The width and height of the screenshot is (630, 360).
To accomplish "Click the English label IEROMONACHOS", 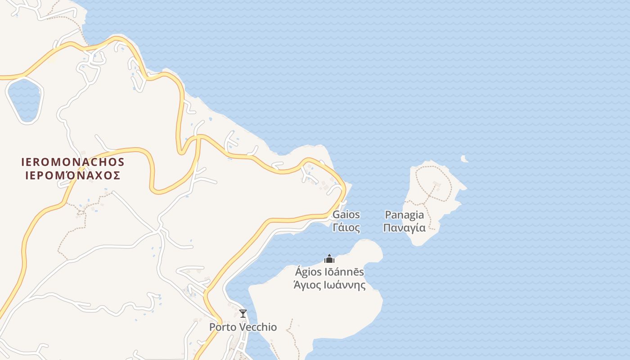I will (73, 162).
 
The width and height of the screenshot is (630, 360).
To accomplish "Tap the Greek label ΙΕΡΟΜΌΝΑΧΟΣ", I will (73, 175).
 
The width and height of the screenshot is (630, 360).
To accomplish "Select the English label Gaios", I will (346, 215).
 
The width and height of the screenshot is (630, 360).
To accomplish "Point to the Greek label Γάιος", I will (346, 228).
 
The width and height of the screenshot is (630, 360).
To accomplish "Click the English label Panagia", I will (404, 215).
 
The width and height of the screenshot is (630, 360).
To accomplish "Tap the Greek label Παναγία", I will (404, 228).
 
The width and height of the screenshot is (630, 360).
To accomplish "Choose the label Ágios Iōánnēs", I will (329, 272).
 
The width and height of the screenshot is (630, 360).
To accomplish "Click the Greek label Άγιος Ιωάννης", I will (329, 285).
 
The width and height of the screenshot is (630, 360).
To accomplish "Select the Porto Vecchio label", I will (243, 327).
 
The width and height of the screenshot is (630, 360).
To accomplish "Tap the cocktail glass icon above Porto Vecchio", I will (243, 314).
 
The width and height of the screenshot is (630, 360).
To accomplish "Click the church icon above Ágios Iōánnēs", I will (329, 259).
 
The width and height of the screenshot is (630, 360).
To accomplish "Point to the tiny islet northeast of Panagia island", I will (464, 159).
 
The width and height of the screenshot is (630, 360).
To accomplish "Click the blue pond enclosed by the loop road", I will (25, 100).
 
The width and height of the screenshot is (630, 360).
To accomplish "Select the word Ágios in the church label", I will (308, 272).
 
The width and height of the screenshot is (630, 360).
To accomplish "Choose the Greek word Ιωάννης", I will (346, 285).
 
